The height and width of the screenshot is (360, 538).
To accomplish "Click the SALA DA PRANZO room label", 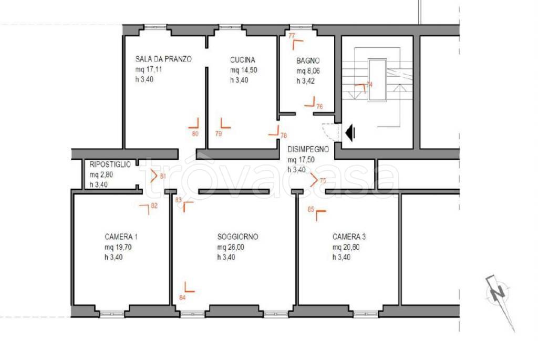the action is click(x=163, y=59).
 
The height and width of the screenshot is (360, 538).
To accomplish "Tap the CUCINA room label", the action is click(x=243, y=60).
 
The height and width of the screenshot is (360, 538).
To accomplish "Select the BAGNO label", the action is click(x=308, y=61).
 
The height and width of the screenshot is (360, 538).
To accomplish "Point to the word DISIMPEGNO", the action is click(x=308, y=149).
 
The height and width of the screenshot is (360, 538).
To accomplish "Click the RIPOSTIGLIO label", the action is click(x=110, y=164).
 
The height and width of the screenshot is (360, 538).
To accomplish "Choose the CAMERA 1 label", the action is click(x=121, y=237).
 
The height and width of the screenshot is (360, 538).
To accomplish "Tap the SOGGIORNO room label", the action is click(x=238, y=237).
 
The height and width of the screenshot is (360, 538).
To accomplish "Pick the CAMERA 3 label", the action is click(x=349, y=237).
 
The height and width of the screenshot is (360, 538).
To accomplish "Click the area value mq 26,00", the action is click(x=231, y=247).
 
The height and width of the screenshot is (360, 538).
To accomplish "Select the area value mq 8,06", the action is click(x=308, y=71).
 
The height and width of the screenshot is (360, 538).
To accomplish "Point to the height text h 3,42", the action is click(x=306, y=81).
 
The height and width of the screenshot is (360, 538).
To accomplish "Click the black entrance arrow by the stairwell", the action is click(x=350, y=133).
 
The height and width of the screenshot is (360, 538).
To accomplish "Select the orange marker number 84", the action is click(x=182, y=297).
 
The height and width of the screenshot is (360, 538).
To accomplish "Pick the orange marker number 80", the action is click(x=195, y=134).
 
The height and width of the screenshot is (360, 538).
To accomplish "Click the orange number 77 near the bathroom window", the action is click(x=292, y=36).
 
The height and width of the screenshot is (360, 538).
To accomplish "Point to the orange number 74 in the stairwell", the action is click(x=369, y=85).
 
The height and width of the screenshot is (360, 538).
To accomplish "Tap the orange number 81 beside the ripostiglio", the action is click(x=163, y=177).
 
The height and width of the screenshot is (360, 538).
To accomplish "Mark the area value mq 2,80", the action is click(x=101, y=174).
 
